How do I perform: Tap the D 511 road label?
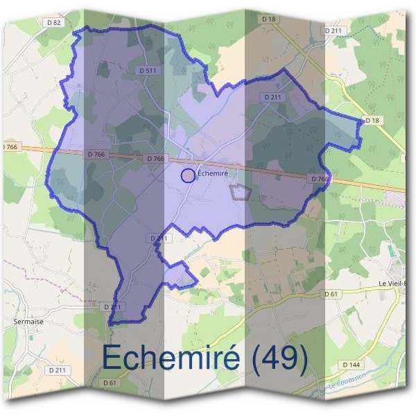(x=146, y=70)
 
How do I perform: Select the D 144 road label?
(x=352, y=364)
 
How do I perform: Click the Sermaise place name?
(x=28, y=322)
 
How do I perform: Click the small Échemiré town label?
(x=214, y=173)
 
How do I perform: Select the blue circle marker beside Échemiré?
(x=187, y=175)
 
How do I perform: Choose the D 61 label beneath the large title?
(x=110, y=383)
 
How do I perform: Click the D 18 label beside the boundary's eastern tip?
(x=372, y=121)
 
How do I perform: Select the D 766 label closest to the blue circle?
(x=156, y=159)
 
